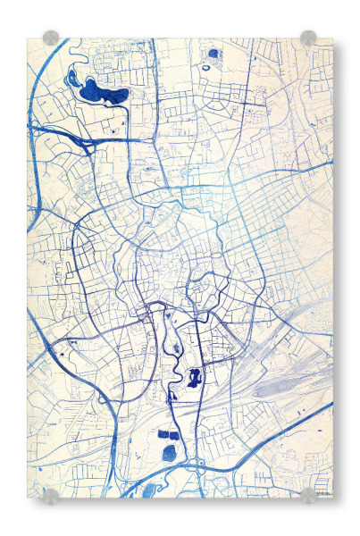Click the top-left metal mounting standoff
coord(51,38)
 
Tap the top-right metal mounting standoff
coord(308,38)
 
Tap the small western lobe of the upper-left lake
coord(72,80)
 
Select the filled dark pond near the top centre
coord(213,54)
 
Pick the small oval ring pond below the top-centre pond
coord(210,66)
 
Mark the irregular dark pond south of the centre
coord(196,375)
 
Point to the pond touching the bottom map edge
coord(151,491)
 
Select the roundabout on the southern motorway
coord(202,464)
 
